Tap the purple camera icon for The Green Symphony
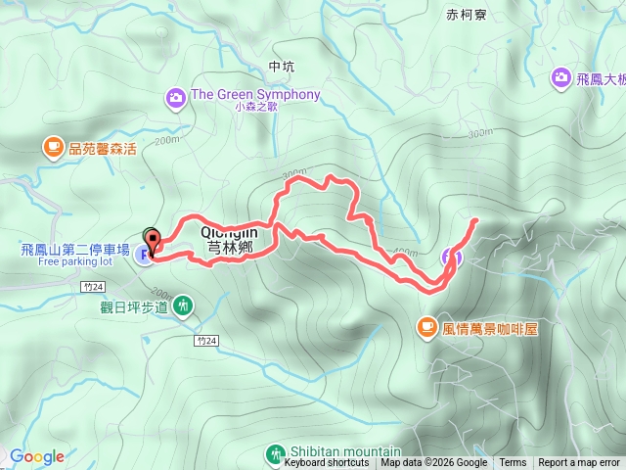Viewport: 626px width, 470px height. coord(176,96)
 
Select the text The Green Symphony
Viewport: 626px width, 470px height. coord(255,95)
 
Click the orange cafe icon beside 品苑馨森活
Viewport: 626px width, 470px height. coord(52,148)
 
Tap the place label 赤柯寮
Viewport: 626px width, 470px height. coord(466,15)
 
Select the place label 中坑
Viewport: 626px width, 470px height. coord(281,67)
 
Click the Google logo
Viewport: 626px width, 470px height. coord(37,456)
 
